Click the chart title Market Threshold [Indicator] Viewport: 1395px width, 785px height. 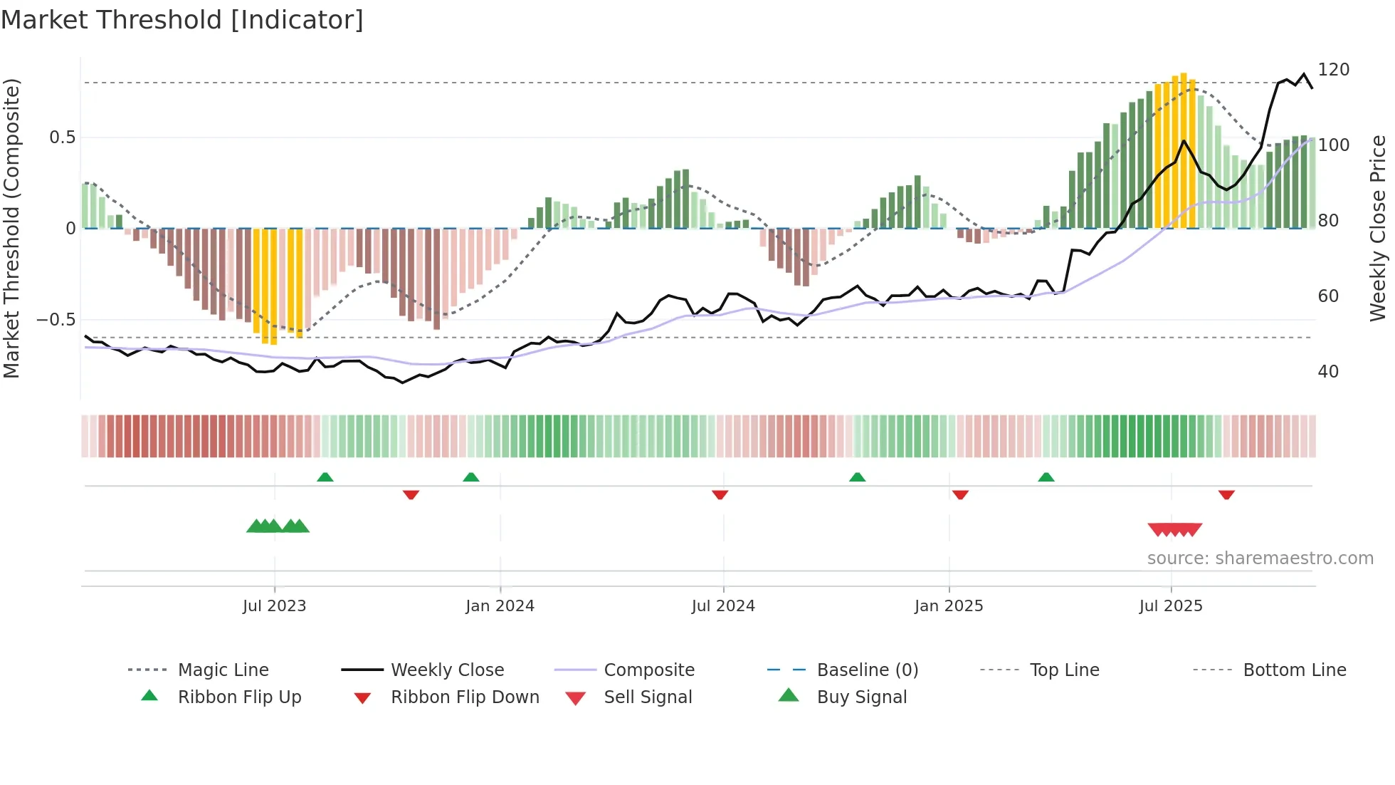[x=182, y=20]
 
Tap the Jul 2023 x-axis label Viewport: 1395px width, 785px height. [x=274, y=606]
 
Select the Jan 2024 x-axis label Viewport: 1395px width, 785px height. [x=500, y=606]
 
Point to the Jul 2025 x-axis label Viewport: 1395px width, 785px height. [x=1170, y=606]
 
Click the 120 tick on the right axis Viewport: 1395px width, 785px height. [x=1333, y=70]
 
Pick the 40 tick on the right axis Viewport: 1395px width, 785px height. [x=1328, y=372]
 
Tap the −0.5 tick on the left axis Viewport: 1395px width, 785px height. [x=56, y=320]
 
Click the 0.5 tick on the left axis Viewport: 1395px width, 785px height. [x=62, y=137]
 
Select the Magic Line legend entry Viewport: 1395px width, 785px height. [x=223, y=670]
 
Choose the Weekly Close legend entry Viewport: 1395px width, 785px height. [x=447, y=670]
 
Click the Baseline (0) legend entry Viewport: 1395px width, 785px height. [x=867, y=670]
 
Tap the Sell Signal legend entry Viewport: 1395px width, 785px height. [x=647, y=697]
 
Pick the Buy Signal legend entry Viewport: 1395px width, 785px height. [x=861, y=697]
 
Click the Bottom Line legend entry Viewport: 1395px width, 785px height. [x=1294, y=670]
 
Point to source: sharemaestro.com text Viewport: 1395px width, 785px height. [x=1260, y=558]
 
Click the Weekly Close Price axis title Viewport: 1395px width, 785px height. [x=1378, y=228]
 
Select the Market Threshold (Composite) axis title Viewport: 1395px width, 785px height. [x=11, y=228]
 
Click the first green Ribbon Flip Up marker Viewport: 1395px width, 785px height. [x=325, y=477]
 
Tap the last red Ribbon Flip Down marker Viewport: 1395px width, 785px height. [x=1226, y=494]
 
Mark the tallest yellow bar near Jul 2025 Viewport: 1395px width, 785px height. [x=1183, y=150]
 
